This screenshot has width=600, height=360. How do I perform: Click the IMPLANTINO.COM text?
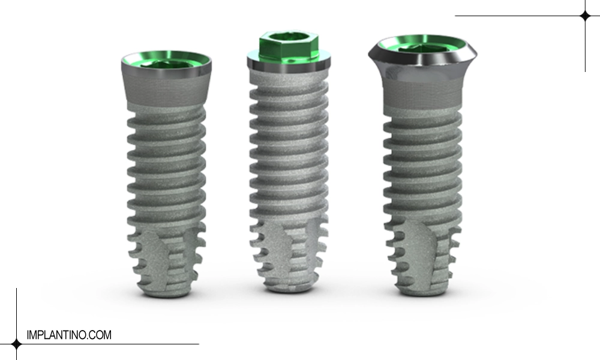click(x=69, y=335)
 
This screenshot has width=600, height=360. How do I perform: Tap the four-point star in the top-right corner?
click(x=585, y=16)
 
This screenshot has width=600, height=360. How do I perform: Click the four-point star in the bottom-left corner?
click(x=16, y=344)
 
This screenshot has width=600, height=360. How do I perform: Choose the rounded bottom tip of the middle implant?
click(x=290, y=289)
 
